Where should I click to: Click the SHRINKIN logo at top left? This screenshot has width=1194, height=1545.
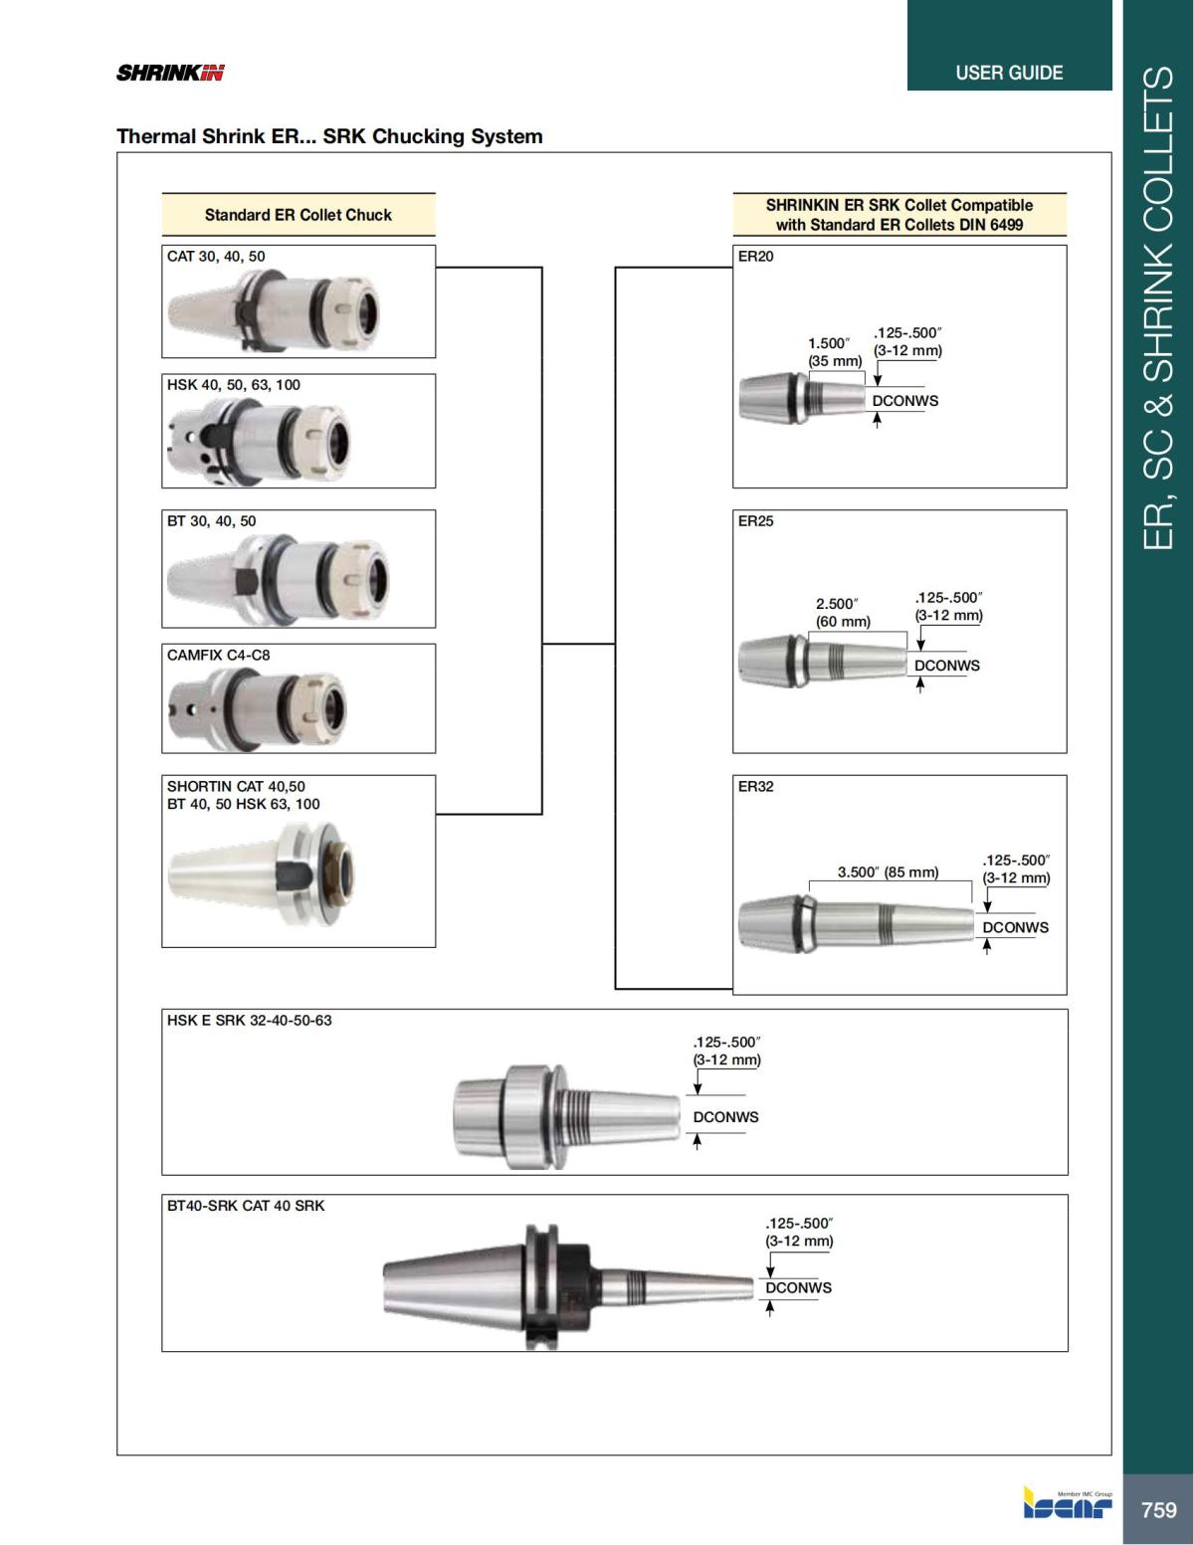(170, 73)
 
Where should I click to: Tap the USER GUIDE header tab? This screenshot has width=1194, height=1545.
(1008, 73)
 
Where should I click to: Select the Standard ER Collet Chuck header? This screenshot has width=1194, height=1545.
(298, 215)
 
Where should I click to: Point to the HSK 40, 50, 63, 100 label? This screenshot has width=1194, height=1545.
(233, 385)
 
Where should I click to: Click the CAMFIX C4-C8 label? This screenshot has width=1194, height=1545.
(218, 655)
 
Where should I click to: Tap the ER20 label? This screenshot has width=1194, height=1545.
(755, 256)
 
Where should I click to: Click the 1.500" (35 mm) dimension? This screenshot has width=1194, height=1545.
(834, 351)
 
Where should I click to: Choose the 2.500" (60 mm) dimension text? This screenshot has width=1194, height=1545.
(842, 612)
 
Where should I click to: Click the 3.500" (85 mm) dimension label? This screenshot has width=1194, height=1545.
(888, 871)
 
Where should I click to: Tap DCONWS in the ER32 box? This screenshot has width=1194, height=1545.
(1015, 927)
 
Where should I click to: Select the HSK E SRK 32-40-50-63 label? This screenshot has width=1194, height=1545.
(249, 1020)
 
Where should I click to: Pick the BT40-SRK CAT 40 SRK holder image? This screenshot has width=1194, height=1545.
(567, 1286)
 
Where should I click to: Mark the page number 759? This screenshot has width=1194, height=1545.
(1158, 1509)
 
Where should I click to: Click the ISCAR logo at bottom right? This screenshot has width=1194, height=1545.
(1067, 1503)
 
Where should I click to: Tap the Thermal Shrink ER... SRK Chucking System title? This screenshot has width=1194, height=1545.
(329, 136)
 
